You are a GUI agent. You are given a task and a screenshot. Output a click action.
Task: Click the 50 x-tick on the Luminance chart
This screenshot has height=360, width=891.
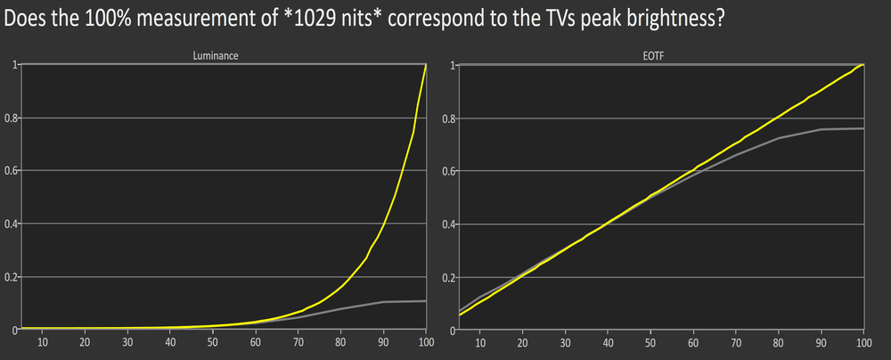212,341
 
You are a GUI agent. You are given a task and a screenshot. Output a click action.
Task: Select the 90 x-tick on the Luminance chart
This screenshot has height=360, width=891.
383,341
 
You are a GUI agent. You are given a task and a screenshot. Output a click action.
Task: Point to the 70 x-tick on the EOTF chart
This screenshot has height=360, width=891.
735,341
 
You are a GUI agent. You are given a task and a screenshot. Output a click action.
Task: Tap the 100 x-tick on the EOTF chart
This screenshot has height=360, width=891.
862,341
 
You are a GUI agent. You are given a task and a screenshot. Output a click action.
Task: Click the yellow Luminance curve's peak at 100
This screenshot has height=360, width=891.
426,66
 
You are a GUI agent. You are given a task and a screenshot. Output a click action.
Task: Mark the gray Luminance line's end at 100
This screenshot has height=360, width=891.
426,301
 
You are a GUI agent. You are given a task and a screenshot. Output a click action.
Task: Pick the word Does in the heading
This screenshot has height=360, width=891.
24,20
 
